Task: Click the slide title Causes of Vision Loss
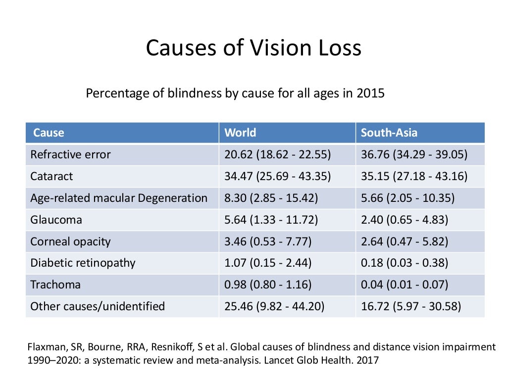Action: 253,48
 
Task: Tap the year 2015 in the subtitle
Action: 370,93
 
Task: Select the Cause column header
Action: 49,133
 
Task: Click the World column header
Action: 240,133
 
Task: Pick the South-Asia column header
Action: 389,133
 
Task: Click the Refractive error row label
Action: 70,154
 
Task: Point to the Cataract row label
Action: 51,176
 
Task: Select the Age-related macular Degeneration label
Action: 119,198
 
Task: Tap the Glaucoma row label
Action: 56,220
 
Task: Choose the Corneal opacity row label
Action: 70,241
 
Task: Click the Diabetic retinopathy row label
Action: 83,263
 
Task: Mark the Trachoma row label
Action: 55,285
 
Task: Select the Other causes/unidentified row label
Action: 98,306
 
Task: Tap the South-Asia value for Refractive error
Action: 414,154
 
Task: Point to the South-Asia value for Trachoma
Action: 405,285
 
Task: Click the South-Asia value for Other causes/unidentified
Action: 411,306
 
